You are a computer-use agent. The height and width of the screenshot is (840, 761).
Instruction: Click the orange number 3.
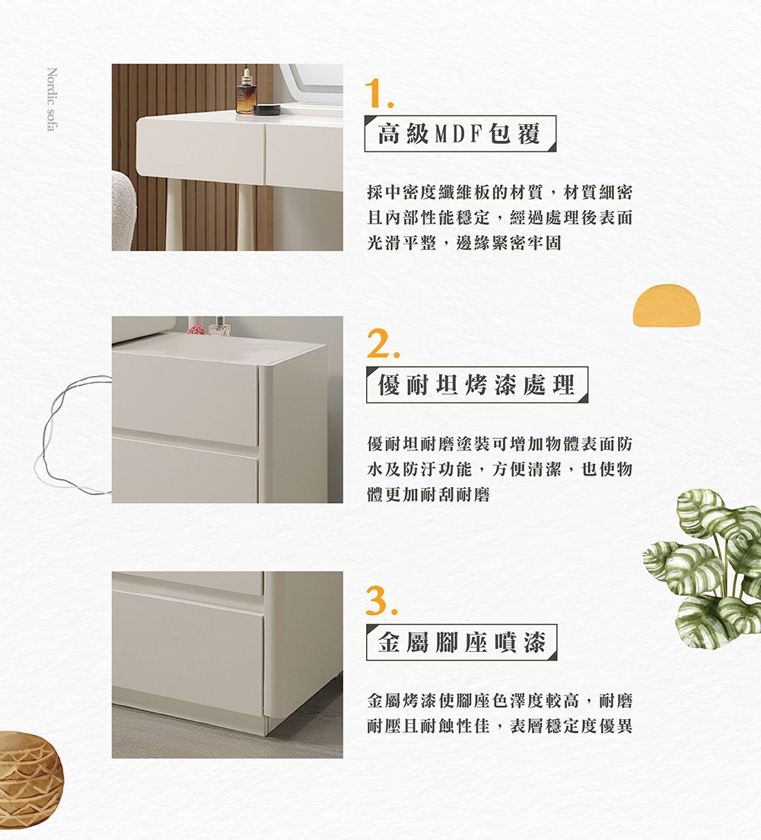point(381,600)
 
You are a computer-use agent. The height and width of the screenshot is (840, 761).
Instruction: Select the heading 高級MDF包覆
point(460,133)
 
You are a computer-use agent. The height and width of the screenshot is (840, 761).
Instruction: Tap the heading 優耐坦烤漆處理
point(476,385)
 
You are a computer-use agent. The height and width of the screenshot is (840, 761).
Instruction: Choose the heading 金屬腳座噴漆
point(461,641)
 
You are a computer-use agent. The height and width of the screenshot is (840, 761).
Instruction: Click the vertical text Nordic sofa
point(52,99)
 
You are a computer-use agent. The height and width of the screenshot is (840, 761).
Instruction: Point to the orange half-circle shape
point(667,305)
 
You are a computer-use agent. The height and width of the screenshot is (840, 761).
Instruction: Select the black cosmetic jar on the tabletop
point(266,110)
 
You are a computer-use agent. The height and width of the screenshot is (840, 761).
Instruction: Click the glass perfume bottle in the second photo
point(218,326)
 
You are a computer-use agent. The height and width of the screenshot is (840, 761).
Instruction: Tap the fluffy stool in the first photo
point(123,211)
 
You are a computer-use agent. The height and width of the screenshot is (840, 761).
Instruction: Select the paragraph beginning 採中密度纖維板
point(499,218)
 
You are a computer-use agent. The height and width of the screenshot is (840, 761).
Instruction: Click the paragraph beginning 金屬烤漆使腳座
point(499,713)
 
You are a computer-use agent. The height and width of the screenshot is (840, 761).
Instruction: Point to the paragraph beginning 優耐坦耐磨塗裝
point(499,469)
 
